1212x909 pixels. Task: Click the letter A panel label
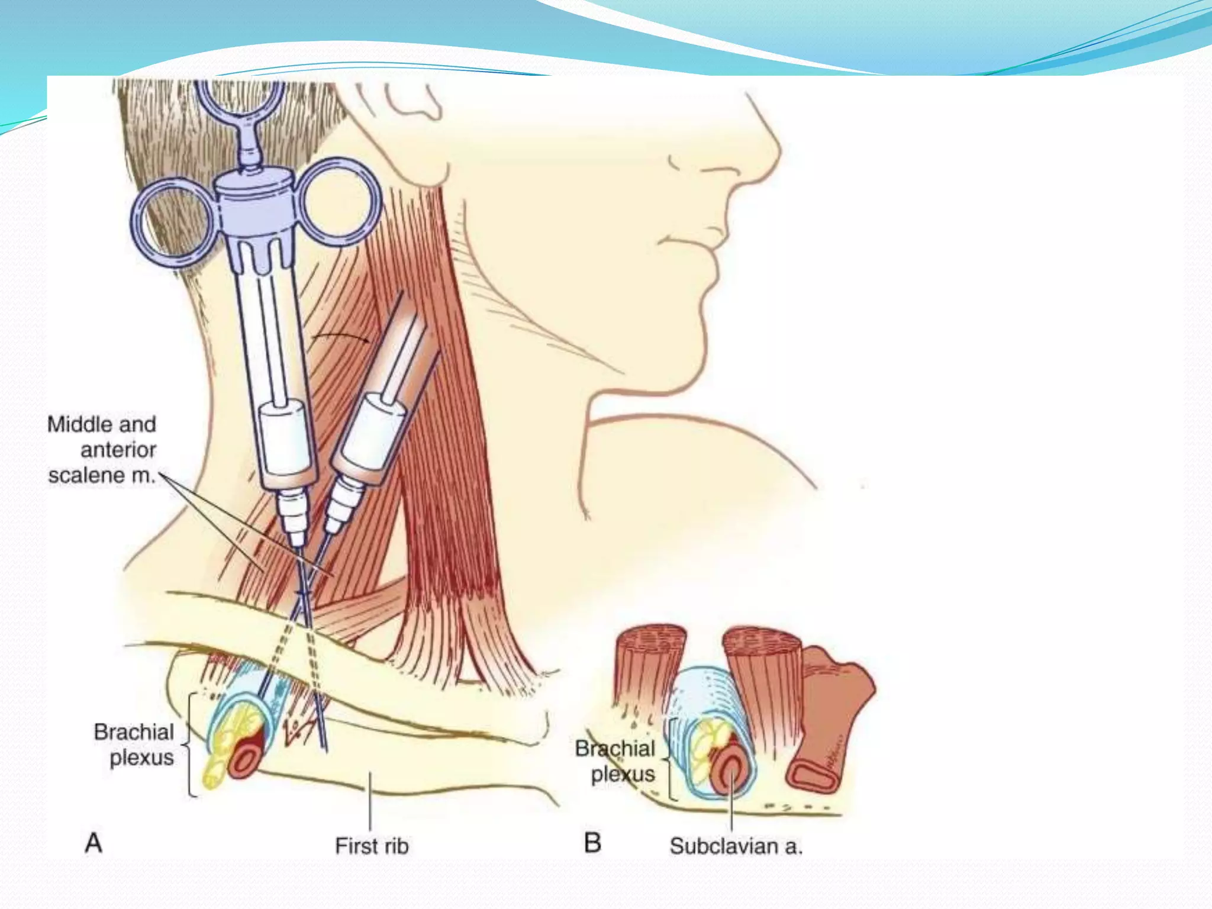click(x=94, y=843)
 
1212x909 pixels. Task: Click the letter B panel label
click(x=592, y=843)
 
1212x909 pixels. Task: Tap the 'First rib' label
click(x=372, y=846)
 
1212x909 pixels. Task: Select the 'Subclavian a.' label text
click(x=736, y=846)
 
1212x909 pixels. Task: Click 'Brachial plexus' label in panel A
click(x=134, y=744)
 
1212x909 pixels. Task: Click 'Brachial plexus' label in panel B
click(x=615, y=761)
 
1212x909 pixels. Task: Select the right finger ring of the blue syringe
click(x=339, y=201)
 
